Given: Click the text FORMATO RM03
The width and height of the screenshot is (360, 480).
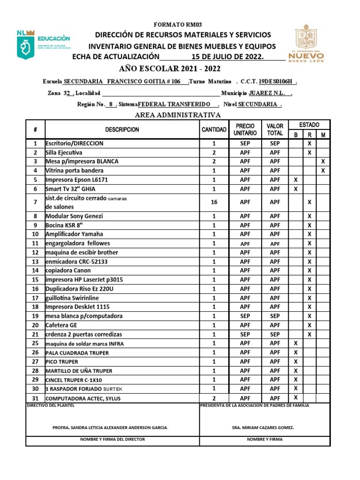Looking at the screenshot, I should (178, 24).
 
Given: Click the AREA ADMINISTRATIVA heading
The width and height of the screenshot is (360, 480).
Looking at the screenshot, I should (178, 115).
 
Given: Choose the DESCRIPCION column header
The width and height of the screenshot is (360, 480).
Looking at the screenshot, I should (122, 130).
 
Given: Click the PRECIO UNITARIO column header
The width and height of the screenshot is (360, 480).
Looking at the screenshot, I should (245, 129).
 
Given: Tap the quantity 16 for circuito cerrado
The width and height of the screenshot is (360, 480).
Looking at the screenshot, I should (214, 202).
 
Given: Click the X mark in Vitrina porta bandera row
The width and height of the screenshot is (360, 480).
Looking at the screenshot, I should (323, 171).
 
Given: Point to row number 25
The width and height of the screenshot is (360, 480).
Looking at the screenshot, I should (35, 344).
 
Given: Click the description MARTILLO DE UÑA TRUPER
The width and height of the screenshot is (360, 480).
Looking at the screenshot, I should (79, 371).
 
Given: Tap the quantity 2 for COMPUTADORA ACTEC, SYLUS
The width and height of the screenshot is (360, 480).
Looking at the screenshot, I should (214, 398).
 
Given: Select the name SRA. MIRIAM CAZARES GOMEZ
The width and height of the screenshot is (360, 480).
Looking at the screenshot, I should (263, 428).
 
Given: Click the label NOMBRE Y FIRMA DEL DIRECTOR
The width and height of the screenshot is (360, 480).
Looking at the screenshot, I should (112, 439).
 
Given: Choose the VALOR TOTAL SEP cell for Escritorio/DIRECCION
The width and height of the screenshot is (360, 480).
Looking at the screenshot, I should (275, 143).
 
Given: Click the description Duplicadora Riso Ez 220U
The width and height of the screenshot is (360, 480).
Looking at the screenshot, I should (80, 289).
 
